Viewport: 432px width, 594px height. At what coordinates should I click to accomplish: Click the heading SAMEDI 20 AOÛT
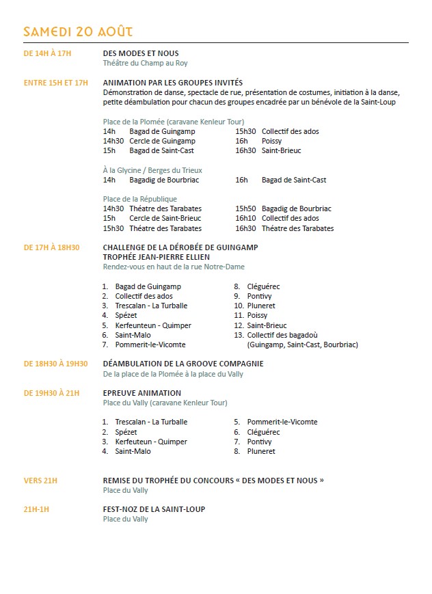click(x=78, y=31)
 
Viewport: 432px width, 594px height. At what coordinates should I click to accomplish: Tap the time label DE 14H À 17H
click(x=47, y=53)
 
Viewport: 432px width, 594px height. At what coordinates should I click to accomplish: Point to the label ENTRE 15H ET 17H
click(x=56, y=83)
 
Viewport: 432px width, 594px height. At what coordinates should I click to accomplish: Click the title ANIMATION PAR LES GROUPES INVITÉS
click(x=172, y=83)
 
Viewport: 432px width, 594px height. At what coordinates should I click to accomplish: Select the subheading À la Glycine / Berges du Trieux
click(x=152, y=170)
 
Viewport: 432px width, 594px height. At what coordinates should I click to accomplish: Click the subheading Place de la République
click(x=139, y=199)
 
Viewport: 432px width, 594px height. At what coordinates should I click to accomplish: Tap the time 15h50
click(x=245, y=208)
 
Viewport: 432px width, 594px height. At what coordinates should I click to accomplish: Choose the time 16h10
click(x=245, y=218)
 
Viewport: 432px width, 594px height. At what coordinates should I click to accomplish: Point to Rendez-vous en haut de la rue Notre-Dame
click(x=174, y=267)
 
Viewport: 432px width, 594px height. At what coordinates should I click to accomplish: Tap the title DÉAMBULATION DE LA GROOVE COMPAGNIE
click(x=183, y=364)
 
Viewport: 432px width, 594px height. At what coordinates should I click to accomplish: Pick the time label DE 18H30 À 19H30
click(x=56, y=364)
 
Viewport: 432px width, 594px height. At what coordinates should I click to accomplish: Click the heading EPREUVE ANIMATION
click(x=141, y=393)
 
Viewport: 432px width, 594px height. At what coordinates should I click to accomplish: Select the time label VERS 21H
click(x=40, y=481)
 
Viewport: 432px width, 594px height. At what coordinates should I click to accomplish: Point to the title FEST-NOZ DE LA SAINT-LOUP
click(x=154, y=509)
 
